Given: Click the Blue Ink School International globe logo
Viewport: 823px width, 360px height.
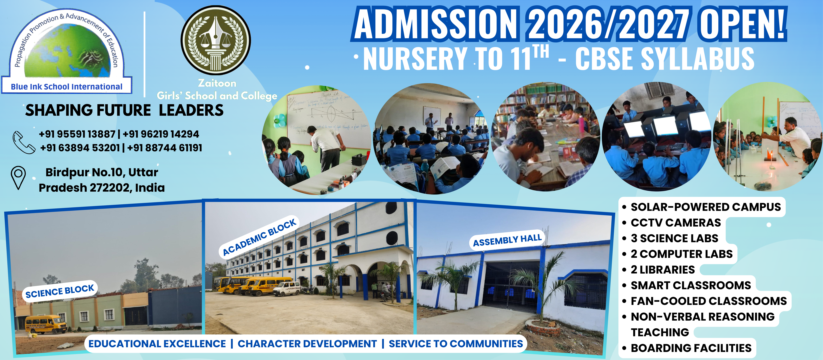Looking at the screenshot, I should pos(67,51).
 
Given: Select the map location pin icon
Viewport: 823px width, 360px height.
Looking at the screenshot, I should pos(18,177).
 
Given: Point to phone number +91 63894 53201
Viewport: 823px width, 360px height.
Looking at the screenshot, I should pos(80,148).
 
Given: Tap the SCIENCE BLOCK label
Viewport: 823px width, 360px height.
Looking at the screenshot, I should pos(60,291).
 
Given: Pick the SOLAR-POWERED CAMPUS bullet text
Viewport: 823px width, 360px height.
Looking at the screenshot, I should pos(705,207).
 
